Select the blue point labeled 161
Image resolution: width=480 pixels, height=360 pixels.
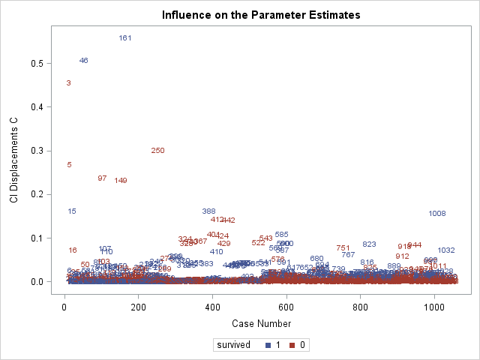(x=125, y=38)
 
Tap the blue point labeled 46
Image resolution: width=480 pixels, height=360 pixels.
(x=83, y=61)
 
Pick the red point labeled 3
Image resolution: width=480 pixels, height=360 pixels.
(x=68, y=83)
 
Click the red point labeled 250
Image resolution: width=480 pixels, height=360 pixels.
(x=157, y=151)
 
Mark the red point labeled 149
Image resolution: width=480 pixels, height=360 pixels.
(x=121, y=181)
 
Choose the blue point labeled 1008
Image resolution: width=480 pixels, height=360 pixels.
(x=437, y=214)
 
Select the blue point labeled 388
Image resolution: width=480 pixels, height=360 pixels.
(x=209, y=211)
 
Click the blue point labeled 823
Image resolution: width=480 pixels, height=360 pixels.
(x=369, y=244)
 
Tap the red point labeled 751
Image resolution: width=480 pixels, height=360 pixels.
(x=343, y=248)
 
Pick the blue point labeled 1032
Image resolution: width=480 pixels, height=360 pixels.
(x=446, y=250)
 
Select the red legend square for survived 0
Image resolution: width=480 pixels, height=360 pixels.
(x=295, y=346)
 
